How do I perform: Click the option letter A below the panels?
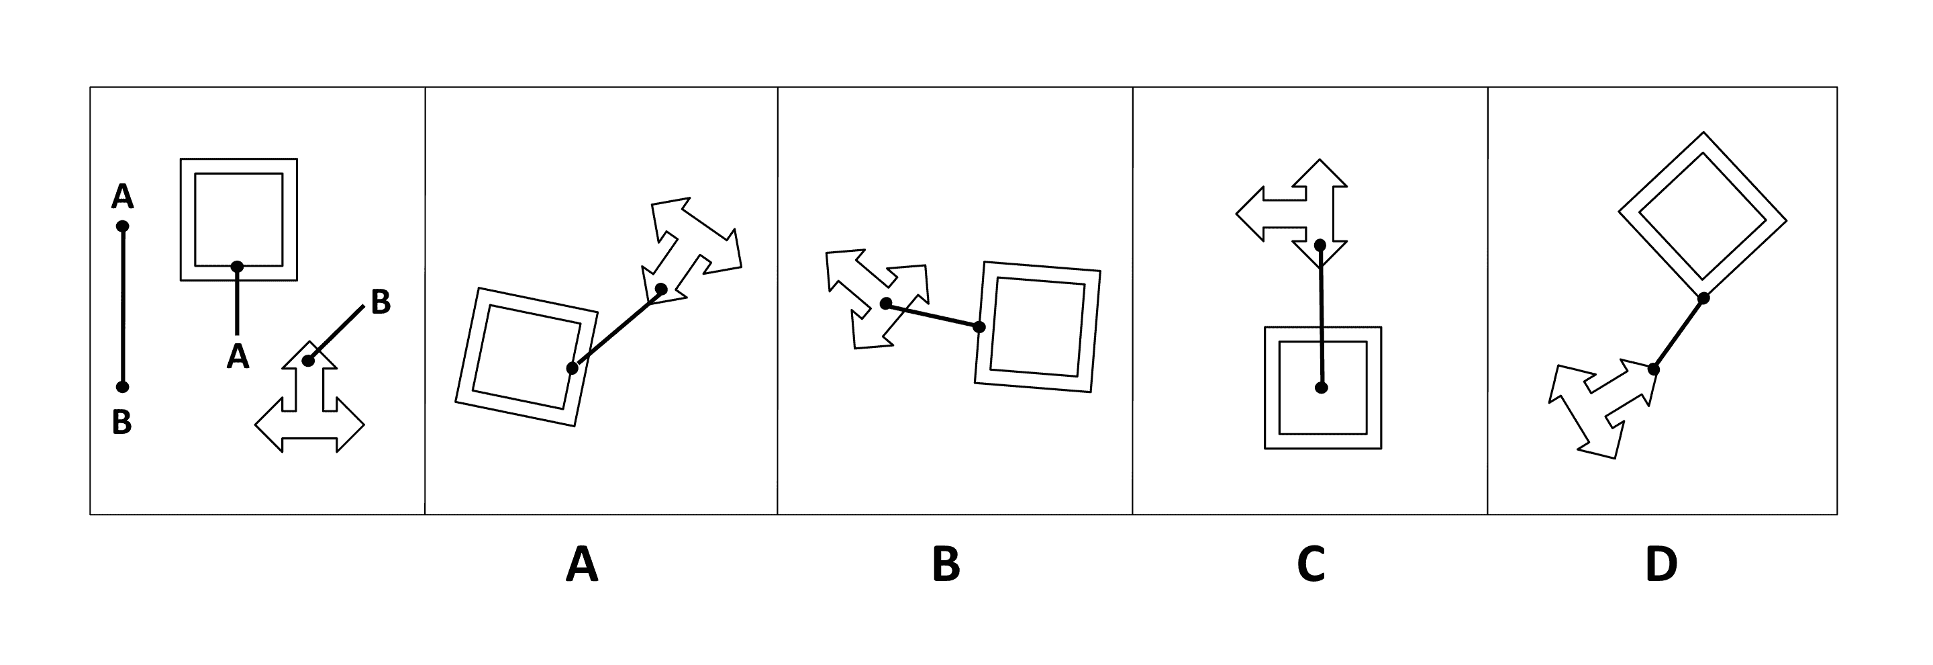tap(581, 564)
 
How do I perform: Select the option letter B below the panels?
tap(946, 564)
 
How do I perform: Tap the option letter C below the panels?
tap(1310, 564)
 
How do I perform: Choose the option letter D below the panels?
tap(1661, 564)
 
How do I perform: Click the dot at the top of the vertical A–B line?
tap(123, 226)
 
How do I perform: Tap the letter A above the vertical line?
tap(122, 197)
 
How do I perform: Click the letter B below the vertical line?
tap(121, 423)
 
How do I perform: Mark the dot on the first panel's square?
tap(237, 267)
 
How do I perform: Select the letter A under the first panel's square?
tap(237, 356)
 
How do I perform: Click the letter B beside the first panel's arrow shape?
tap(381, 302)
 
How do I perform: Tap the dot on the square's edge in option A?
tap(573, 368)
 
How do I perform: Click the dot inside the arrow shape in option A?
tap(661, 289)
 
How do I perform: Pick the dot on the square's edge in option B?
tap(979, 327)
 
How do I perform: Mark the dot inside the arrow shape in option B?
tap(885, 303)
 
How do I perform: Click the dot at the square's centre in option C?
tap(1322, 388)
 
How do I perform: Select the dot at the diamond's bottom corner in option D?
tap(1703, 298)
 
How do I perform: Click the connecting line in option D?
tap(1679, 333)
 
